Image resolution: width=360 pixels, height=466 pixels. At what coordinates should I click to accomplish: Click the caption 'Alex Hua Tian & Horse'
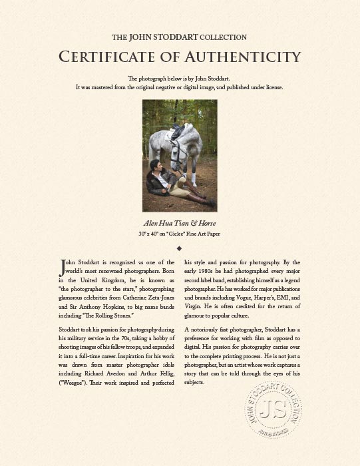click(180, 224)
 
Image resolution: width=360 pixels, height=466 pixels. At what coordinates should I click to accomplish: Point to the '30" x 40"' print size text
click(150, 234)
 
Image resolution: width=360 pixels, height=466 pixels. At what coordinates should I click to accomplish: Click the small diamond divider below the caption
click(180, 248)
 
